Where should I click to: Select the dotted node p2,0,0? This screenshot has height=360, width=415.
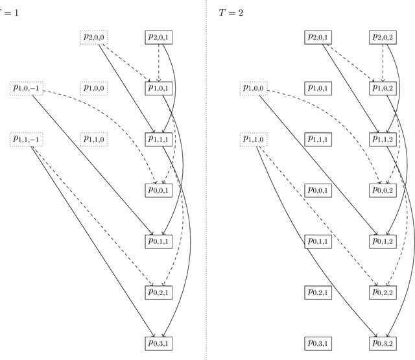(x=94, y=38)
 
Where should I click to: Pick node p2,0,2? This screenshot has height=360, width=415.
(x=383, y=38)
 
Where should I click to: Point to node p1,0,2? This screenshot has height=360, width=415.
(x=383, y=88)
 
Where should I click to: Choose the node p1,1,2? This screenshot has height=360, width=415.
(x=383, y=139)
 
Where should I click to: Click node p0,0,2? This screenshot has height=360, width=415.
(x=383, y=189)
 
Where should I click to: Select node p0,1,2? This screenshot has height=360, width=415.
(x=383, y=241)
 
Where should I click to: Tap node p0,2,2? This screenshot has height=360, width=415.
(x=383, y=292)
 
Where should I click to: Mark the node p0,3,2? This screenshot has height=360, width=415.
(x=383, y=342)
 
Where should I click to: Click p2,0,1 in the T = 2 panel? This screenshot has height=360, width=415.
(x=318, y=38)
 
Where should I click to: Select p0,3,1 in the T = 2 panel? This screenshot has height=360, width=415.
(x=318, y=342)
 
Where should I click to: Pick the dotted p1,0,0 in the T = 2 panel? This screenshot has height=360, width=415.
(x=255, y=88)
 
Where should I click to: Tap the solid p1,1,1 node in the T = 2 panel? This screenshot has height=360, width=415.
(x=318, y=139)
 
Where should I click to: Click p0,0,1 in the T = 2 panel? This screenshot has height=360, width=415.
(x=318, y=189)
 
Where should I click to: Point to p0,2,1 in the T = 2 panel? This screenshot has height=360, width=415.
(x=318, y=292)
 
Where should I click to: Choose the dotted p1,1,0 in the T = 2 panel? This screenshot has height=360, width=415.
(x=255, y=139)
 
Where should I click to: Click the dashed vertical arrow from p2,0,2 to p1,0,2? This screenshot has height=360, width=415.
(x=383, y=62)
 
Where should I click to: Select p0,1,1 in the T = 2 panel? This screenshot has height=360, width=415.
(x=318, y=241)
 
